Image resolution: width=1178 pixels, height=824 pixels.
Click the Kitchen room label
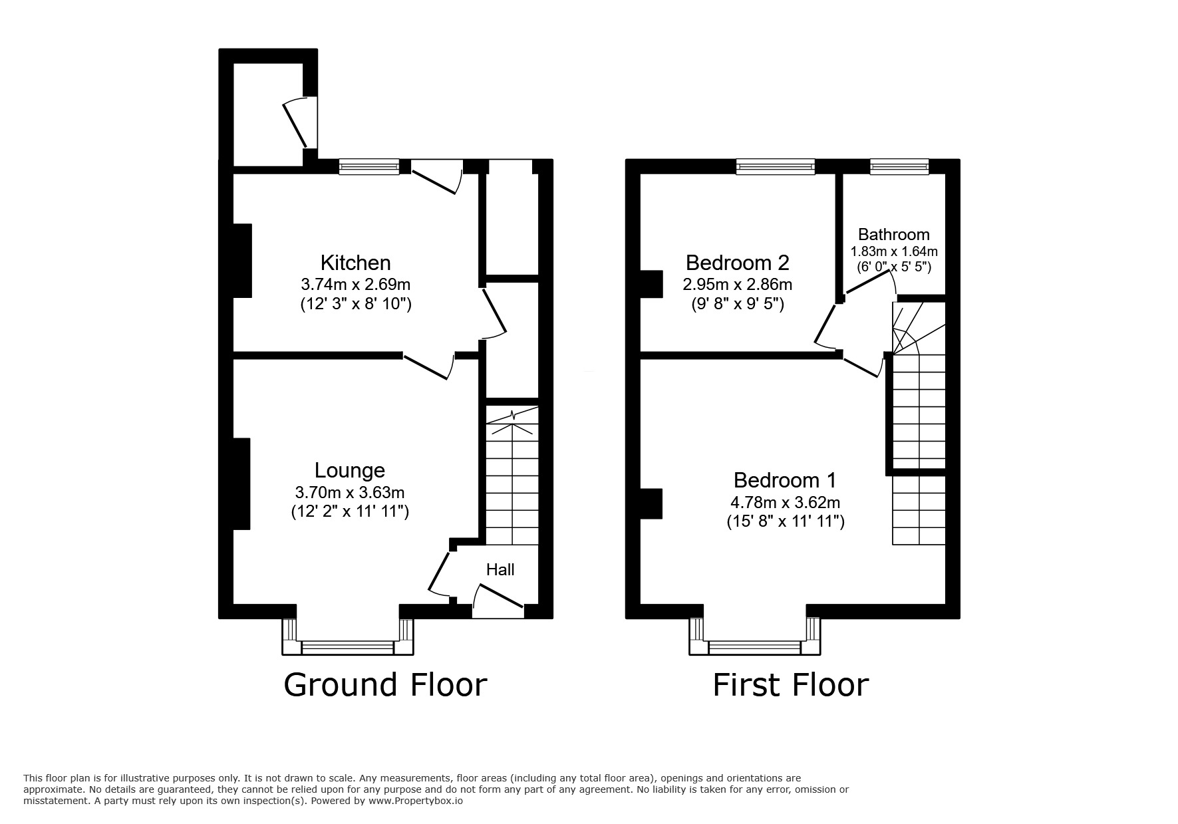coord(355,263)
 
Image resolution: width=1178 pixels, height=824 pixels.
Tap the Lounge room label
coord(350,471)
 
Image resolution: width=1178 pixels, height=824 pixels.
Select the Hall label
coord(500,570)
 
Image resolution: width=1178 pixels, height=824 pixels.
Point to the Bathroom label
coord(893,235)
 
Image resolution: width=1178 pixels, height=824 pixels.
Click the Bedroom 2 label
coord(738,263)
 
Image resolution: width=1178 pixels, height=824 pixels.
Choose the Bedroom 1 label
coord(786,480)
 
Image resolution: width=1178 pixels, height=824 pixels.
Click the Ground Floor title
coord(385,685)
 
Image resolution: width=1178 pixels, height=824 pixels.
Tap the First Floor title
coord(791,685)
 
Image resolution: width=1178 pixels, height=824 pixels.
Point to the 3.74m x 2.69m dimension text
coord(355,285)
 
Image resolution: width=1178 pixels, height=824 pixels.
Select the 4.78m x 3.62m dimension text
coord(786,503)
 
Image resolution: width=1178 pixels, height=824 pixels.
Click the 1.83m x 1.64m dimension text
coord(894,251)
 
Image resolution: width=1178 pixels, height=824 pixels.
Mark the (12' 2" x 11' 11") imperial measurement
coord(350,511)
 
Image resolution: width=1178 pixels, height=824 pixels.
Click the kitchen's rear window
coord(369,166)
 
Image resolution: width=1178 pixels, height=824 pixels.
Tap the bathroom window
coord(899,166)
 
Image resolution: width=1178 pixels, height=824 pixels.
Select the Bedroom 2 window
coord(775,166)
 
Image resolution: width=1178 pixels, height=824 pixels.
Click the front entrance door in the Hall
coord(498,597)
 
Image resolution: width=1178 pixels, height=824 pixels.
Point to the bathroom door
coord(870,283)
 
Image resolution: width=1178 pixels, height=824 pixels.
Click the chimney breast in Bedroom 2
coord(651,284)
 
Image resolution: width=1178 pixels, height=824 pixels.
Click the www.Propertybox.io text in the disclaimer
coord(416,801)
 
